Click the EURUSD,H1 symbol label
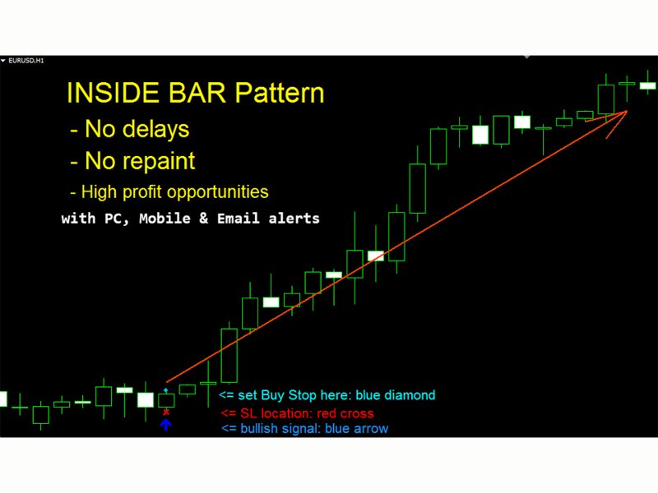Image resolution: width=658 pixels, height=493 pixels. pos(24,61)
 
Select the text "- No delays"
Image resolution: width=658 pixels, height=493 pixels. pos(129,129)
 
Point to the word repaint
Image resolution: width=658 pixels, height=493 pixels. pos(160,160)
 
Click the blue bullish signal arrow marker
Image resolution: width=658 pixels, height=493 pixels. pos(165,425)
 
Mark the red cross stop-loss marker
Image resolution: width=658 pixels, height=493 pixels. pos(165,412)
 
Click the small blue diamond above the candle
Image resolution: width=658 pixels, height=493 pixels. pos(165,390)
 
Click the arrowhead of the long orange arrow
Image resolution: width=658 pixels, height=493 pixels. pos(626,111)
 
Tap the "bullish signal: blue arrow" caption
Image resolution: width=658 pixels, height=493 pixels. pos(313,428)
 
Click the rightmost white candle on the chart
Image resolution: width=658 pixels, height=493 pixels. pos(648,85)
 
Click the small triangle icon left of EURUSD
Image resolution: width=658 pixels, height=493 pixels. pos(3,61)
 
